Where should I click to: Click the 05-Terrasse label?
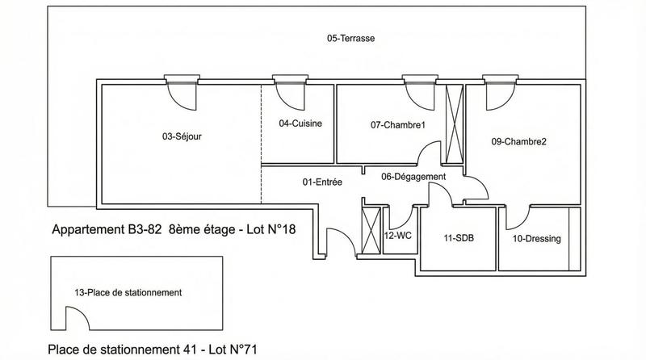tap(350, 38)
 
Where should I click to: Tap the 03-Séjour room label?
tap(182, 136)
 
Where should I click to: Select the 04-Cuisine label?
tap(300, 123)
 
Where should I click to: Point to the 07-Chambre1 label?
tap(397, 124)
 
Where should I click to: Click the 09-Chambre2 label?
tap(518, 141)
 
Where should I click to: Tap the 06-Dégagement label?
tap(413, 177)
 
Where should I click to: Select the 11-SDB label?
tap(458, 239)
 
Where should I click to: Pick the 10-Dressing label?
tap(536, 239)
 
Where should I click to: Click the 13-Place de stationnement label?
tap(128, 292)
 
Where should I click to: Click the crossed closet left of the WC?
tap(370, 231)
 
